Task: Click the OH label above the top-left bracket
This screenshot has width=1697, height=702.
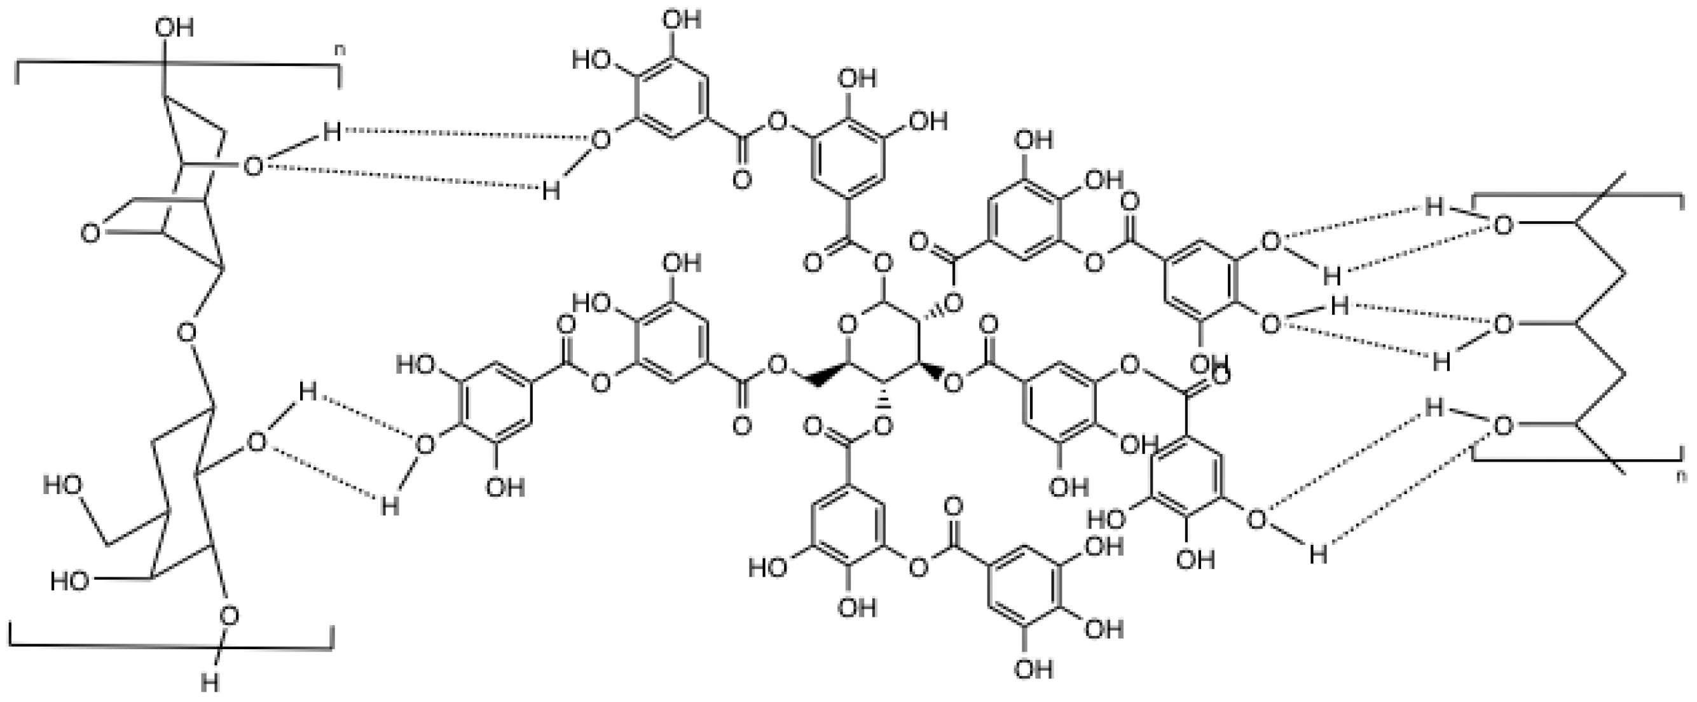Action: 175,27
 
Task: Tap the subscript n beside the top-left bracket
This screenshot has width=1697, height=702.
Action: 340,49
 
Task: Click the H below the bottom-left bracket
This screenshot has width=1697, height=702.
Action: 209,684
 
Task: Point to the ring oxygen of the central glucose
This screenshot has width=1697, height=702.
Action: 847,324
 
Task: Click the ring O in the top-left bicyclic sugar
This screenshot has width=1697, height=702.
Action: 91,233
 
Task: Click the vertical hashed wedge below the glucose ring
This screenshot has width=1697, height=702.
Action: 882,402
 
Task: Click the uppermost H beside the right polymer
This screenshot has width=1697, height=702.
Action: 1434,207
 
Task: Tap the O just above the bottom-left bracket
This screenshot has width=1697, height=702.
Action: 229,616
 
